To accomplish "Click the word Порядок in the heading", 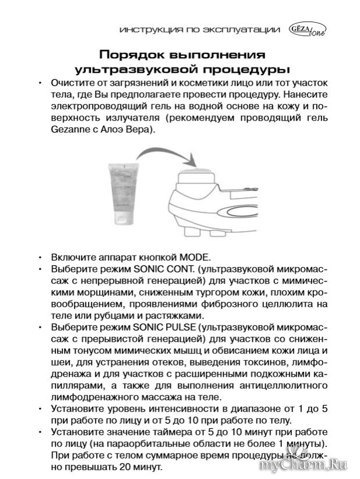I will tap(129, 55).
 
